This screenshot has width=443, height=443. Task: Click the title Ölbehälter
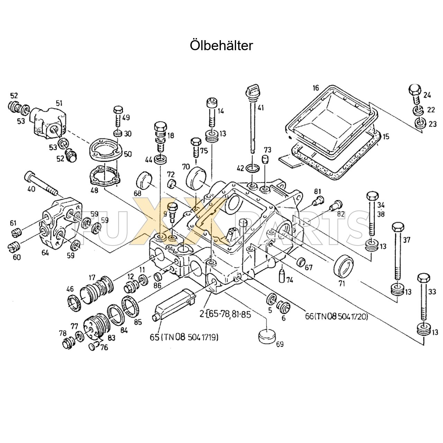[221, 45]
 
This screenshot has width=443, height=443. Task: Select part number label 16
[316, 88]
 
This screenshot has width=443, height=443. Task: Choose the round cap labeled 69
[267, 335]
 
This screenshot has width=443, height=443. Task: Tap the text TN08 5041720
[341, 316]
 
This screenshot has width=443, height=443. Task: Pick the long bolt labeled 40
[41, 183]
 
